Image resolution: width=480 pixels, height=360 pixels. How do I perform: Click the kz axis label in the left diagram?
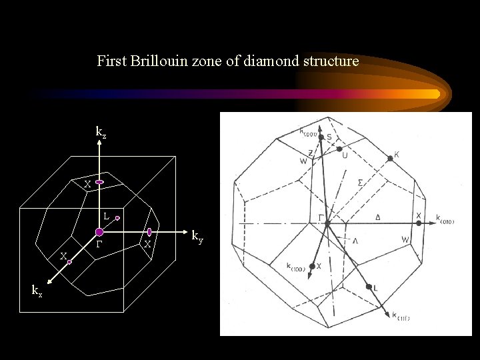[x=101, y=133]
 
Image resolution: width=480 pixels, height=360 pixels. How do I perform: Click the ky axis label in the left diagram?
[x=197, y=235]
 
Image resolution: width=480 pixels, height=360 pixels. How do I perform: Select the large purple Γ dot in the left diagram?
[x=99, y=232]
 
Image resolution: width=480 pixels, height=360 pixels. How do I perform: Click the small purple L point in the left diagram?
[x=117, y=218]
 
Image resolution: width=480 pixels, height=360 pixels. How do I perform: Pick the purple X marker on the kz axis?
[x=99, y=182]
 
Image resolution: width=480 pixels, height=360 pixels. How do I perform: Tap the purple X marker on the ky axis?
[x=149, y=231]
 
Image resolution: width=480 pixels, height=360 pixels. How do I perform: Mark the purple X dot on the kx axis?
[x=69, y=263]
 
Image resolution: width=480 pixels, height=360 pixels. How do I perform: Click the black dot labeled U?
[x=340, y=148]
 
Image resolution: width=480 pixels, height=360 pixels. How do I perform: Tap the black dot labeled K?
[x=389, y=159]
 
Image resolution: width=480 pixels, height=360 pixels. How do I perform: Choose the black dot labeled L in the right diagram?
[x=369, y=287]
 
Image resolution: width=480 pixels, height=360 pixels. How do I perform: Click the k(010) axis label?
[x=445, y=218]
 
